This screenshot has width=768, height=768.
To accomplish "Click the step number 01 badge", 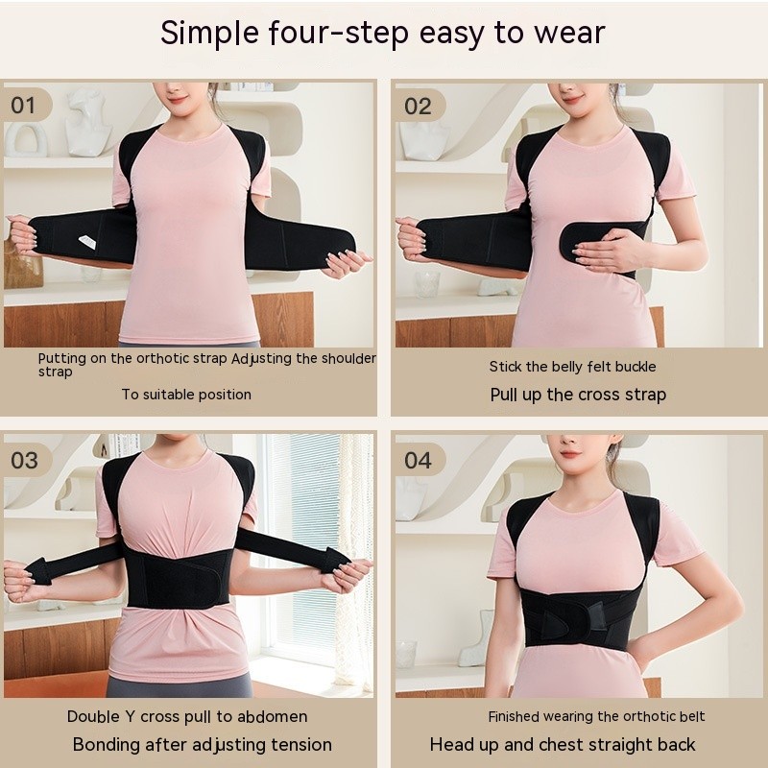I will [x=23, y=104].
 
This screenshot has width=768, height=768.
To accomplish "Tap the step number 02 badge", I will [x=418, y=106].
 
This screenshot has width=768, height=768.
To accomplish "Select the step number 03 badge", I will [x=24, y=459].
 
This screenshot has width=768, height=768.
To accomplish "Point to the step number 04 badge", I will [x=418, y=460].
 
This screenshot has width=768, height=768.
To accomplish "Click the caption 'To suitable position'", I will [x=186, y=394].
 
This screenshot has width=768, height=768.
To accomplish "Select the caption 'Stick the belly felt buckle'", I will [x=572, y=366].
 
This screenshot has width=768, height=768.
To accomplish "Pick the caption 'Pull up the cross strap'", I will [x=578, y=395].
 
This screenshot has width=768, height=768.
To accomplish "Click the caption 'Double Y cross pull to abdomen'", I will [x=187, y=716].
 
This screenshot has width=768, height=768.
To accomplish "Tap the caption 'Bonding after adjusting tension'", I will [x=203, y=745].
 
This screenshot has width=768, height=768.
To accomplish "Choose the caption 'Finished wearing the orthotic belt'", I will [x=596, y=716].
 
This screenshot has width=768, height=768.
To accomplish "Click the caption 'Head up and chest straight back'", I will [x=563, y=745].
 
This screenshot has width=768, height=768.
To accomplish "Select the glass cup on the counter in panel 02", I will [x=426, y=282].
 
